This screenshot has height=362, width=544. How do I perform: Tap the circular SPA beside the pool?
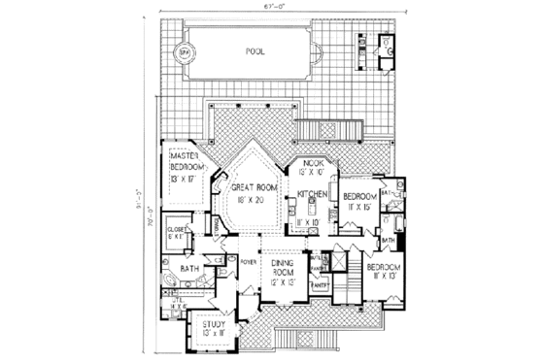(183, 51)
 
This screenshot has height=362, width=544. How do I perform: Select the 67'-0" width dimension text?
(270, 7)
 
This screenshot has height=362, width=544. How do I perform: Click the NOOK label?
(313, 163)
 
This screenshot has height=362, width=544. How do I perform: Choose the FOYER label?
(247, 260)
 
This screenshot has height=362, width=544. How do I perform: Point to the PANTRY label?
(318, 287)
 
